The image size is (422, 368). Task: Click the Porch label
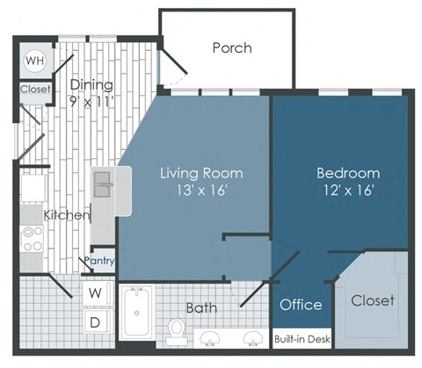click(232, 47)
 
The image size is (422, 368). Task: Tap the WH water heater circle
click(34, 61)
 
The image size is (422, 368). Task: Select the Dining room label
click(91, 85)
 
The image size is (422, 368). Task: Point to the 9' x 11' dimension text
click(91, 101)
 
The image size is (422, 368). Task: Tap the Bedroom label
click(348, 173)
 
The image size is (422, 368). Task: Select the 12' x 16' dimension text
click(348, 190)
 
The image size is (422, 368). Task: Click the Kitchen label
click(66, 215)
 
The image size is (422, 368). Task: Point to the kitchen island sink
click(102, 184)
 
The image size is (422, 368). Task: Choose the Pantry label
click(99, 261)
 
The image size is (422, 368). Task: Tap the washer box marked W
click(96, 292)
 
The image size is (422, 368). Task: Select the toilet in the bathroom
click(177, 329)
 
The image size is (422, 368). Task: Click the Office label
click(300, 305)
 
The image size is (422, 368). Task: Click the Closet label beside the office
click(372, 300)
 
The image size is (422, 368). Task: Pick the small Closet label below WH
click(34, 89)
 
